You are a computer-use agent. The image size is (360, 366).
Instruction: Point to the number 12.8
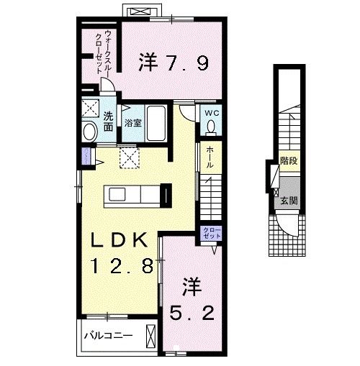(121, 267)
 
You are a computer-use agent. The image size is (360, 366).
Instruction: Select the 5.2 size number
(192, 314)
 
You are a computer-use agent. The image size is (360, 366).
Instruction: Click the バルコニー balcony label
(107, 336)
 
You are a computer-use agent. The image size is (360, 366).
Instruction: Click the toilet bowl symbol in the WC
(211, 127)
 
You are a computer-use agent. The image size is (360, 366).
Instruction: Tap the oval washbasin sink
(90, 132)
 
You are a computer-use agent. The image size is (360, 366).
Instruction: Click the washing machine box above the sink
(91, 109)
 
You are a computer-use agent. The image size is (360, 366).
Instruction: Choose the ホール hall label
(209, 157)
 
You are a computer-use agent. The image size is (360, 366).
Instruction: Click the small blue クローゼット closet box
(207, 234)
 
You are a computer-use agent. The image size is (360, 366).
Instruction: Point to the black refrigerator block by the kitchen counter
(166, 194)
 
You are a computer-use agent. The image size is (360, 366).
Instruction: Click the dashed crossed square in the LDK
(130, 157)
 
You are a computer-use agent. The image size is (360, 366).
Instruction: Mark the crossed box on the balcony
(150, 336)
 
